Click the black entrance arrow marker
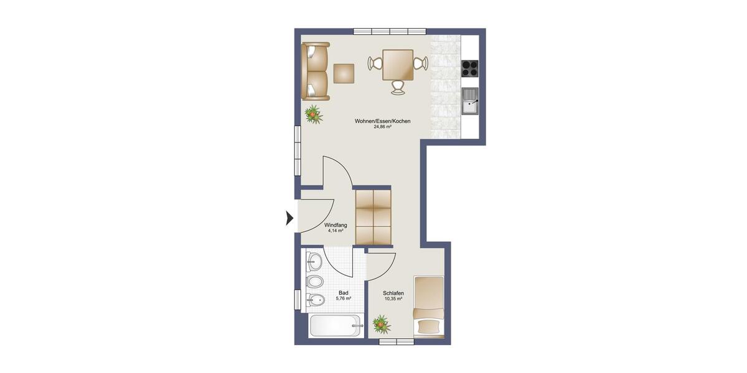point(289,218)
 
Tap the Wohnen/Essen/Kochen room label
point(382,121)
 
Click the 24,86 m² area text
point(382,127)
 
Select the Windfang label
point(336,225)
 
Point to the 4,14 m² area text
point(336,231)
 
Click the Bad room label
point(344,293)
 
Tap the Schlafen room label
point(393,293)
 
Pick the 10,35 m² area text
point(393,299)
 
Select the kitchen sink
point(470,101)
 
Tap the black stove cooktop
point(470,67)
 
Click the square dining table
point(398,65)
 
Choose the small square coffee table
point(344,73)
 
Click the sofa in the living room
point(316,71)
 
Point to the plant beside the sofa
point(313,114)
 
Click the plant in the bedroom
point(380,324)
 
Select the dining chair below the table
point(398,88)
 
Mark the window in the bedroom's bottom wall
point(397,341)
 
